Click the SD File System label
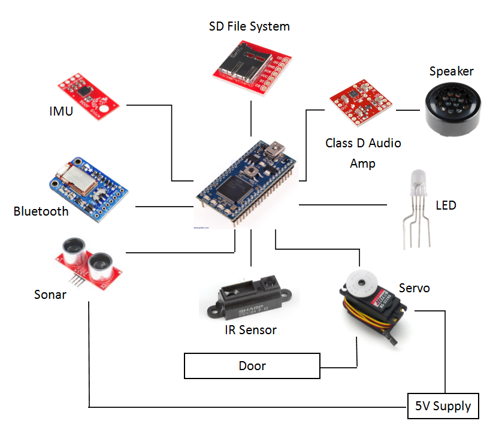click(x=249, y=26)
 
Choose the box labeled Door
click(x=252, y=366)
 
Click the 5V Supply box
click(x=443, y=406)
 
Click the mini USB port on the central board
click(x=276, y=147)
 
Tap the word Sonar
click(x=50, y=295)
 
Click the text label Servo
click(x=414, y=288)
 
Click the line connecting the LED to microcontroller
click(x=342, y=205)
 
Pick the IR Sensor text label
click(x=251, y=330)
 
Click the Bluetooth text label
click(x=41, y=211)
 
